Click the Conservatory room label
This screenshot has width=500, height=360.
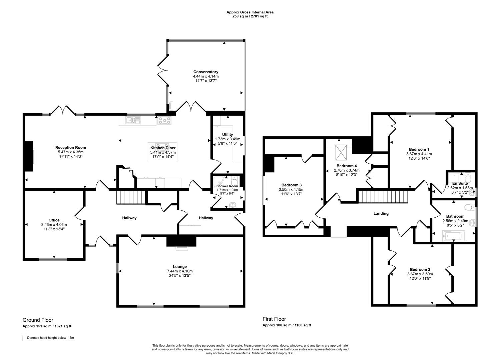(206, 72)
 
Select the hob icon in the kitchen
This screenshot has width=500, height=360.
(164, 121)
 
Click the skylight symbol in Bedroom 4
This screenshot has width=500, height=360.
(341, 152)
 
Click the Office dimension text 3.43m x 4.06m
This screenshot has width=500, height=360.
(54, 224)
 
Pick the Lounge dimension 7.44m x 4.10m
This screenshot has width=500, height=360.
(180, 271)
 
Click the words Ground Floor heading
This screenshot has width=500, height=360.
(38, 320)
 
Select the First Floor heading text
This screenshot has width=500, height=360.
(274, 319)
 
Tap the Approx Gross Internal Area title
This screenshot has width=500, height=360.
(250, 12)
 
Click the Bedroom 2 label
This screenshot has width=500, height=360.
(420, 269)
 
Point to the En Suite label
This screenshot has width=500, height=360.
(460, 183)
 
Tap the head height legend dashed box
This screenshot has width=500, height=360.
(24, 338)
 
